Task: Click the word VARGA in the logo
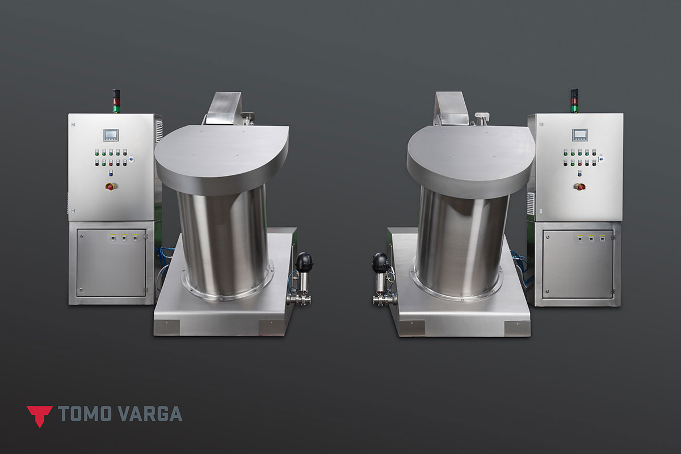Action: (150, 414)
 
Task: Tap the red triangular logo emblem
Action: (40, 417)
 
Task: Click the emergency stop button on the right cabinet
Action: (580, 186)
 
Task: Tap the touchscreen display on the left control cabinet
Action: (111, 135)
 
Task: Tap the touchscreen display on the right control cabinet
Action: (580, 135)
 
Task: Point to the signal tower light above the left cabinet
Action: (116, 101)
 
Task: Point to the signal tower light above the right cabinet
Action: (574, 100)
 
